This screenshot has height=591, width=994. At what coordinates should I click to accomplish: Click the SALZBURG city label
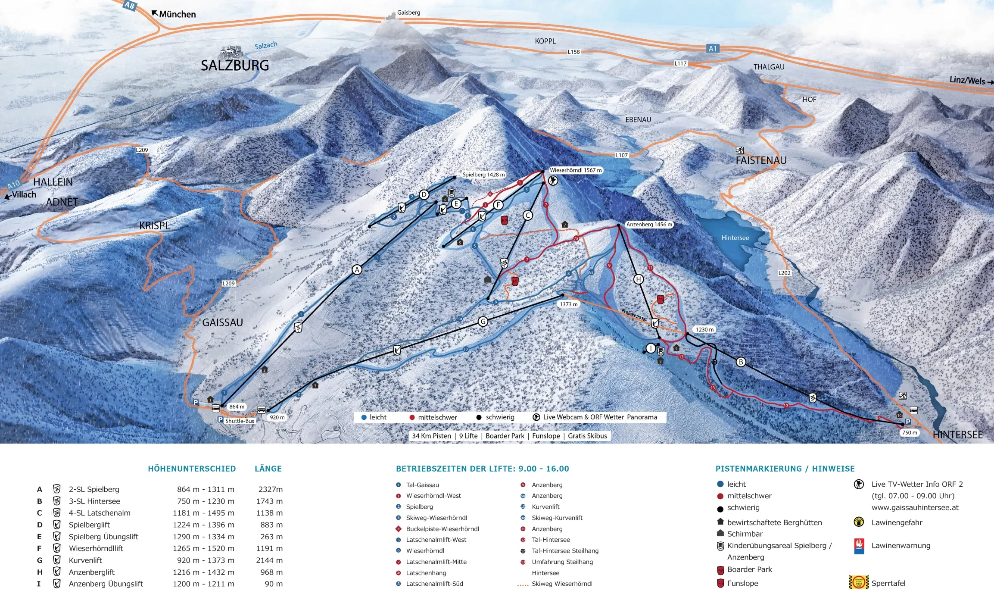tap(235, 66)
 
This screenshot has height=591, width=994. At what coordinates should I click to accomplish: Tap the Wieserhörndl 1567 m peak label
tap(575, 170)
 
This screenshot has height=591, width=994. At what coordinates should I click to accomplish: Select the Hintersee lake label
tap(735, 238)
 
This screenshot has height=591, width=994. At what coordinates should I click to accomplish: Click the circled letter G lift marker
tap(483, 321)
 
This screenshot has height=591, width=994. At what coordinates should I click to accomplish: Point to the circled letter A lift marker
tap(357, 270)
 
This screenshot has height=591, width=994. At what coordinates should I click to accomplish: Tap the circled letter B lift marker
tap(741, 362)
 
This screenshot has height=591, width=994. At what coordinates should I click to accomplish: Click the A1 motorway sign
tap(713, 49)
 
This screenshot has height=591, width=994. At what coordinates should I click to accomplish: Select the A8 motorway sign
tap(129, 5)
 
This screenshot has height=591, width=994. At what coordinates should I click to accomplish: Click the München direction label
tap(177, 14)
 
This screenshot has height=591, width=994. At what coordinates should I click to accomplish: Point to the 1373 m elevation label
tap(569, 304)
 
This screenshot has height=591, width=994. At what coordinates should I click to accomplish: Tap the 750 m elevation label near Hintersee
tap(910, 432)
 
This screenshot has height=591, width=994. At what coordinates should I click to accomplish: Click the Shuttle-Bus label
tap(240, 421)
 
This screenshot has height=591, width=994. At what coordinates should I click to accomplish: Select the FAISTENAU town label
tap(761, 160)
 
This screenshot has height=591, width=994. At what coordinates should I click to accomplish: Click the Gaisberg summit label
tap(408, 13)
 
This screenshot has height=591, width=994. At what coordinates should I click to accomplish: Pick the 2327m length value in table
tap(270, 489)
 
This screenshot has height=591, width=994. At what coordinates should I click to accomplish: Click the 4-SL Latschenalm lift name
tap(100, 513)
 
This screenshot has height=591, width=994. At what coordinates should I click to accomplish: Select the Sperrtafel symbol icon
tap(858, 582)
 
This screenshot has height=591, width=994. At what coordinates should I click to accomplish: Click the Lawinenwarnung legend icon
tap(859, 546)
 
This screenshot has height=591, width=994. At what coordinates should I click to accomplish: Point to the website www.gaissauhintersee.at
tap(915, 507)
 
